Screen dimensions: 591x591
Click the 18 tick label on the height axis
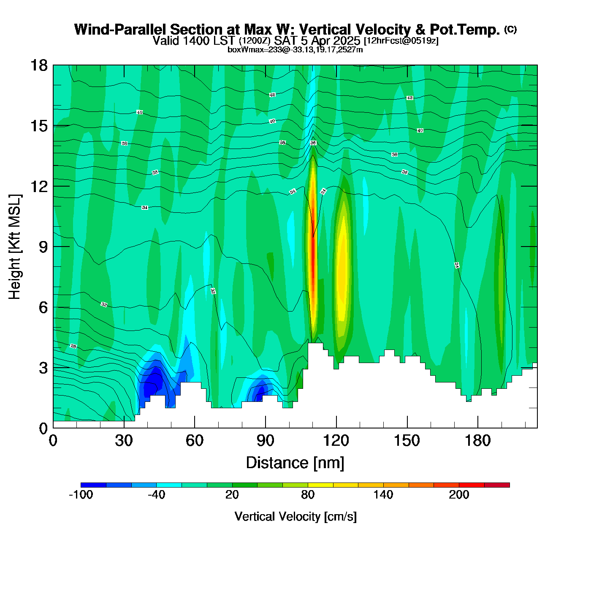[x=38, y=65]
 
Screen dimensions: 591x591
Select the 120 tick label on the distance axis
[x=336, y=441]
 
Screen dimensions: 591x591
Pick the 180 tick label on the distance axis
[x=478, y=441]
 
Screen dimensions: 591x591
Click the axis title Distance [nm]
[x=295, y=463]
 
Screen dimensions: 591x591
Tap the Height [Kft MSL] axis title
[x=15, y=247]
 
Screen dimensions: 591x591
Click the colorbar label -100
[x=81, y=495]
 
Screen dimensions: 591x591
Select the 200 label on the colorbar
[x=459, y=495]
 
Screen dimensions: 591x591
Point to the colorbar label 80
[x=308, y=495]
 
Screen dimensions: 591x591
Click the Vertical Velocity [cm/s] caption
[x=295, y=516]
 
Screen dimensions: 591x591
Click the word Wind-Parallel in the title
[x=120, y=30]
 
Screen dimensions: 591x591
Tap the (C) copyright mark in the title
[x=510, y=29]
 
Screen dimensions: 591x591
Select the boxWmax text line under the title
[x=295, y=50]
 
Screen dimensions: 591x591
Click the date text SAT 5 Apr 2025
[x=317, y=41]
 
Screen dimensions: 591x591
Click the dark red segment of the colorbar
[x=497, y=485]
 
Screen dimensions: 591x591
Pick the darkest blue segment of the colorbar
[x=93, y=485]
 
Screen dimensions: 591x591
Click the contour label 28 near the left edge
[x=73, y=346]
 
